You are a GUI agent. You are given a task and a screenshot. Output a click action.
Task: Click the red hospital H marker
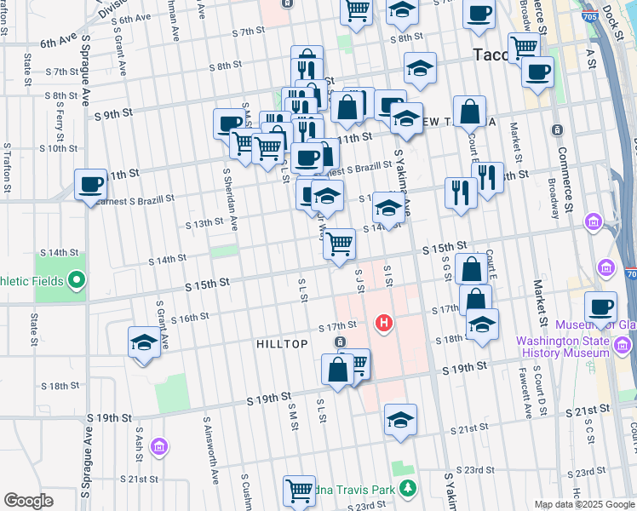384,323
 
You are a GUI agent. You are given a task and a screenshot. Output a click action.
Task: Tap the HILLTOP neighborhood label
282,343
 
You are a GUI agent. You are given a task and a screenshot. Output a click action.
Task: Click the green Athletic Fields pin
77,278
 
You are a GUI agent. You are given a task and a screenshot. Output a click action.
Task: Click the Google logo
28,501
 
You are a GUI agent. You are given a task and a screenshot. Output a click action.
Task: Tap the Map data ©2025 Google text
584,504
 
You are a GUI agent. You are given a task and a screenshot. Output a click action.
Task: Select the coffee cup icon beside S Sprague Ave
90,184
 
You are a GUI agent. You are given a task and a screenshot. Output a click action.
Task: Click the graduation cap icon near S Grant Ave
144,342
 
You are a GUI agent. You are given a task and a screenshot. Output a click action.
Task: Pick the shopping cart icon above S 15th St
340,244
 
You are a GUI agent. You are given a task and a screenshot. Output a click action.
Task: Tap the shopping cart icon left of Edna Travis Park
299,491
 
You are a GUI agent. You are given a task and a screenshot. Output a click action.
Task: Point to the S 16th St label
190,318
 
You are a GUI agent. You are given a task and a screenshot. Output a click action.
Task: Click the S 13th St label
204,224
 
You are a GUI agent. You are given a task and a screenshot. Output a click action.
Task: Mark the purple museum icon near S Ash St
158,446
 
